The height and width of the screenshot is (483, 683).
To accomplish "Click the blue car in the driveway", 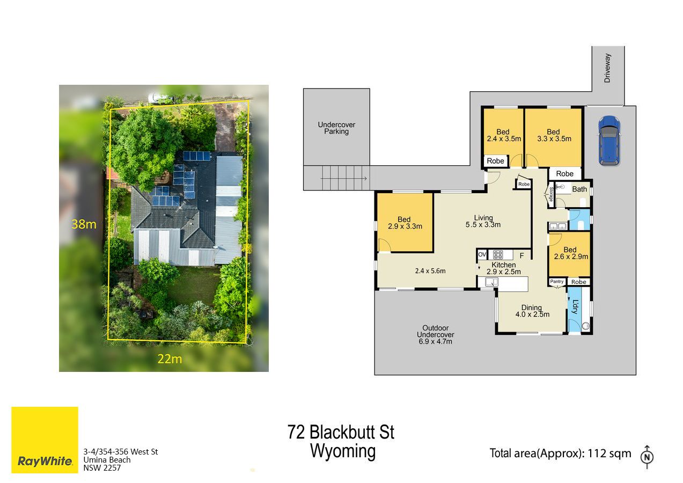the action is point(609,141).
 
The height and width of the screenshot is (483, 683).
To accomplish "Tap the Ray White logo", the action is point(45,440).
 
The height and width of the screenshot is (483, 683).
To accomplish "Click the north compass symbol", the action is point(647,457).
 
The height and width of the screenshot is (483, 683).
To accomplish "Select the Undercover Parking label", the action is point(336,128).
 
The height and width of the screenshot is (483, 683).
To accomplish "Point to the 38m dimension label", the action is point(84,224).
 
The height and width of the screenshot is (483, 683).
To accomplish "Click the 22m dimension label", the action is point(170,359).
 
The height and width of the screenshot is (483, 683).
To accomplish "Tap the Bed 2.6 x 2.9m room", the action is point(570,254).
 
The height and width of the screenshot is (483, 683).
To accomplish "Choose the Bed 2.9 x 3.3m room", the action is point(405,223).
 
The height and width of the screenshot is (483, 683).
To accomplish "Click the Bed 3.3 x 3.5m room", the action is point(553,138).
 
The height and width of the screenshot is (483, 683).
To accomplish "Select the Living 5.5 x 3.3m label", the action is point(483,221).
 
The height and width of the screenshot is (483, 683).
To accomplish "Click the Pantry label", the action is point(557,281).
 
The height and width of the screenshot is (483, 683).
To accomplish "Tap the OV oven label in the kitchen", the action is point(482,254).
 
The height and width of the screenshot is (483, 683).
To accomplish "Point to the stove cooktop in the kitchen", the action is point(497,254).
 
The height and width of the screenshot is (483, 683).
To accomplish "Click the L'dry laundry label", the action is point(575,307).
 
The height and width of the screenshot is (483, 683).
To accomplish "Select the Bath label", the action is point(579,189).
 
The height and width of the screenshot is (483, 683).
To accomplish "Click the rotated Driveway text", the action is point(607,68).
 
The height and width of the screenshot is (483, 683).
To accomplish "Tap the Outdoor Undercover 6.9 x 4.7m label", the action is point(436,334).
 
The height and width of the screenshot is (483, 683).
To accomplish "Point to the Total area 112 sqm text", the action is point(561,453).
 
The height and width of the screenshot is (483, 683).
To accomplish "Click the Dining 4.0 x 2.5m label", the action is point(532,311).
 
